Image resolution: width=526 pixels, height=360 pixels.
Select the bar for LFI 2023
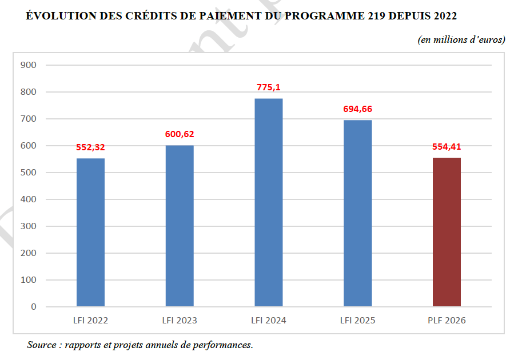pyautogui.click(x=180, y=226)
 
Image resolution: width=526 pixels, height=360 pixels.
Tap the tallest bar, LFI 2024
pyautogui.click(x=269, y=202)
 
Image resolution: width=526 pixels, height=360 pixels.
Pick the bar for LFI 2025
pyautogui.click(x=357, y=213)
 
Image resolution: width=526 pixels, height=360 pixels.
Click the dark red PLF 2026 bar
pyautogui.click(x=447, y=232)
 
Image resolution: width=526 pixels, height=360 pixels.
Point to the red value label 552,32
pyautogui.click(x=90, y=147)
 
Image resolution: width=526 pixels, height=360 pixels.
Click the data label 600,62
pyautogui.click(x=180, y=134)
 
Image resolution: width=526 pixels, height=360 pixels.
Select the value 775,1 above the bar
pyautogui.click(x=269, y=87)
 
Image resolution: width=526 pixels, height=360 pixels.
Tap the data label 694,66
pyautogui.click(x=357, y=109)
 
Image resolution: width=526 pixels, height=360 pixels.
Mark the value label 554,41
pyautogui.click(x=447, y=146)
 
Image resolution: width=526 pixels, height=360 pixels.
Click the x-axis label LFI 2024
pyautogui.click(x=269, y=321)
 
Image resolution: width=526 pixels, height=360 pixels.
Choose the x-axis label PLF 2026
pyautogui.click(x=447, y=321)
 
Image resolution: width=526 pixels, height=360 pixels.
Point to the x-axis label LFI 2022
pyautogui.click(x=90, y=321)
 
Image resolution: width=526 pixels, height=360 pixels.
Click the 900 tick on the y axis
pyautogui.click(x=29, y=65)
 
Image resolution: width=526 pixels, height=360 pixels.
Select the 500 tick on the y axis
pyautogui.click(x=29, y=173)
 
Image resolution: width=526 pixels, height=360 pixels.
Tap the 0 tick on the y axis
pyautogui.click(x=33, y=307)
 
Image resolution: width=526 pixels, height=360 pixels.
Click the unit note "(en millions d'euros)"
pyautogui.click(x=461, y=39)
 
